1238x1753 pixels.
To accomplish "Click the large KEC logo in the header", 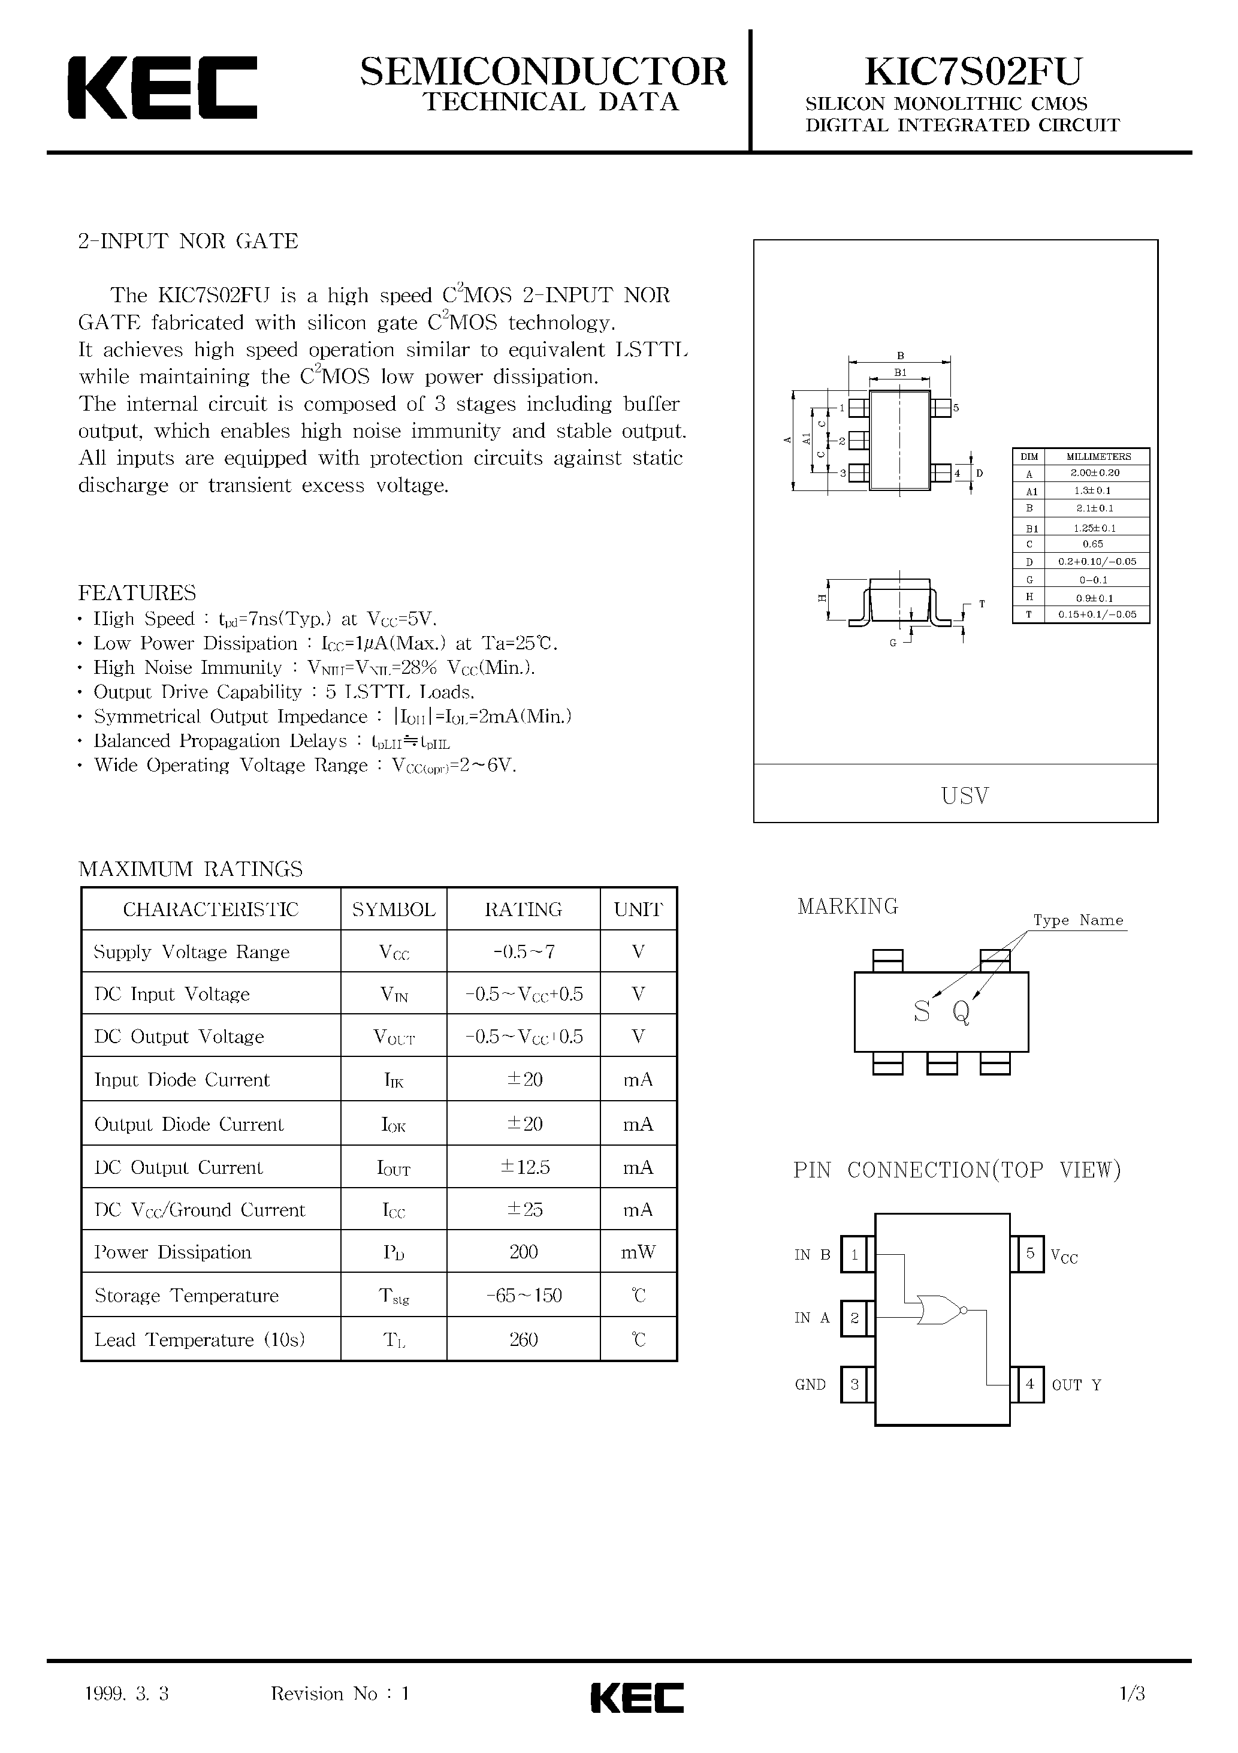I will coord(162,87).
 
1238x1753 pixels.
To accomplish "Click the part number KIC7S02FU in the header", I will coord(973,72).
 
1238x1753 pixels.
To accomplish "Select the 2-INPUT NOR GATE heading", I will coord(188,241).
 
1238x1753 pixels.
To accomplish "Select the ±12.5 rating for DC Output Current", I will coord(524,1167).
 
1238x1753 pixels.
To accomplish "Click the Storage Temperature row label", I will coord(186,1296).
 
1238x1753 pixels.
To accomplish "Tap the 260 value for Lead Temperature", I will coord(524,1340).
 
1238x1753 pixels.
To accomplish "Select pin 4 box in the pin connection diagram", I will coord(1029,1384).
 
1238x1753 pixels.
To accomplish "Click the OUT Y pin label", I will coord(1076,1385).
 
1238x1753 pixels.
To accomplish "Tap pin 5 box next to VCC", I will coord(1029,1254).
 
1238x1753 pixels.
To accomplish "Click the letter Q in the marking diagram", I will coord(961,1013).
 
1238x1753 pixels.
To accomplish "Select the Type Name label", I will coord(1078,921).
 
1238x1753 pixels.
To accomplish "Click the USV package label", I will coord(965,796).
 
